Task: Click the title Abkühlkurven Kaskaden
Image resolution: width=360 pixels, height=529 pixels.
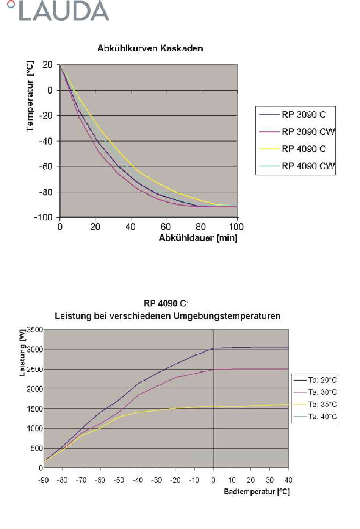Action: click(x=150, y=48)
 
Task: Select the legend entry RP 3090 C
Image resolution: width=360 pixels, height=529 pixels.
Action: click(x=304, y=115)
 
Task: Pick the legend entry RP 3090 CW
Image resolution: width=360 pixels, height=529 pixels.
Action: click(x=308, y=132)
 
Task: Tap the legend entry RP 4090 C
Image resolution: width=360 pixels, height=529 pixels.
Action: click(x=304, y=149)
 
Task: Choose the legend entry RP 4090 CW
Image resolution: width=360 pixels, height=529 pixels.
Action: click(x=308, y=166)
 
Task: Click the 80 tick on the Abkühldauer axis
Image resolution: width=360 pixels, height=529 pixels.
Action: click(x=201, y=227)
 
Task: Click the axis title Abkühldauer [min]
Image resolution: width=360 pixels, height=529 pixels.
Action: click(x=198, y=238)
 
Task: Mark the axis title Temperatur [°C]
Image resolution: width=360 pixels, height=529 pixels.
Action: click(x=30, y=97)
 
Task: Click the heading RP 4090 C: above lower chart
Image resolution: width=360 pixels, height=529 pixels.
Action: click(x=166, y=304)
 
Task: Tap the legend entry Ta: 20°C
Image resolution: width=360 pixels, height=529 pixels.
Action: click(x=322, y=380)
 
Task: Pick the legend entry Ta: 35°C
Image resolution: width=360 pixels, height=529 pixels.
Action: click(x=322, y=404)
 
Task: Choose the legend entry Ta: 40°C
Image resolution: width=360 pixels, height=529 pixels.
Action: click(x=322, y=417)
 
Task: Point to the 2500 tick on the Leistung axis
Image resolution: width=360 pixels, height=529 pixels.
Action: click(x=35, y=369)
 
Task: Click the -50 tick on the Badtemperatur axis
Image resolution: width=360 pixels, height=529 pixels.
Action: click(x=119, y=480)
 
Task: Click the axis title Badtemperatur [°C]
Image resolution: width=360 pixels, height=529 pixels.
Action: click(x=257, y=492)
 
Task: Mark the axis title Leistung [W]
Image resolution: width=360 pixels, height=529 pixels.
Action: click(x=22, y=353)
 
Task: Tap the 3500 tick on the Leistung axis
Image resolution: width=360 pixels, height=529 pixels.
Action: click(x=35, y=330)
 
